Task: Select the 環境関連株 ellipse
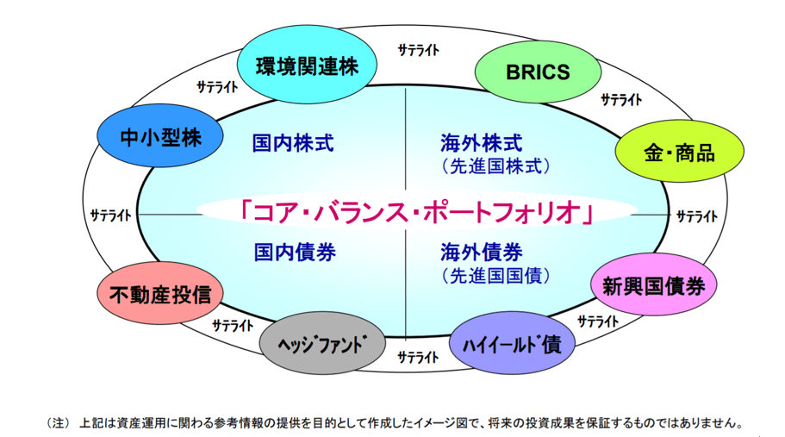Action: pos(307,66)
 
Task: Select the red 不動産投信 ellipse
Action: pos(160,294)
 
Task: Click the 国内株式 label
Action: pos(293,142)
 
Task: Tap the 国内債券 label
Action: pos(294,253)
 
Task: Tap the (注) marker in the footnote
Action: pos(57,423)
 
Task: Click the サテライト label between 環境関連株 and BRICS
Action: pos(420,50)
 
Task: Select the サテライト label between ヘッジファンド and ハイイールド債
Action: pos(420,357)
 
